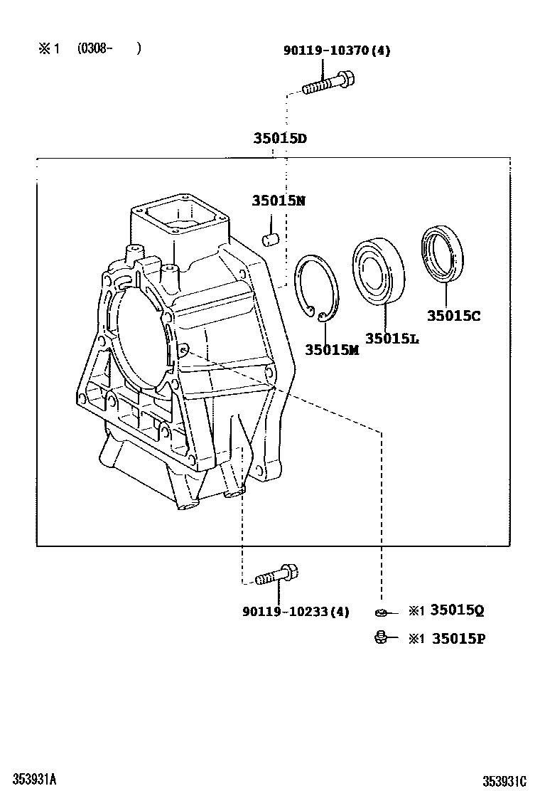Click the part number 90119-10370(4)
337,51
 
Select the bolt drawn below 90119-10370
328,83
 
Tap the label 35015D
280,138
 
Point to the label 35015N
278,201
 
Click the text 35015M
332,349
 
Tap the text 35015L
391,339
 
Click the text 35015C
453,314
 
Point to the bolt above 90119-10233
275,575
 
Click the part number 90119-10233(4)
296,612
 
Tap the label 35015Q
458,610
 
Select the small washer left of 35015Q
382,611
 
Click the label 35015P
458,638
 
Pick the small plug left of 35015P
381,637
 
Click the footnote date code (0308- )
109,48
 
